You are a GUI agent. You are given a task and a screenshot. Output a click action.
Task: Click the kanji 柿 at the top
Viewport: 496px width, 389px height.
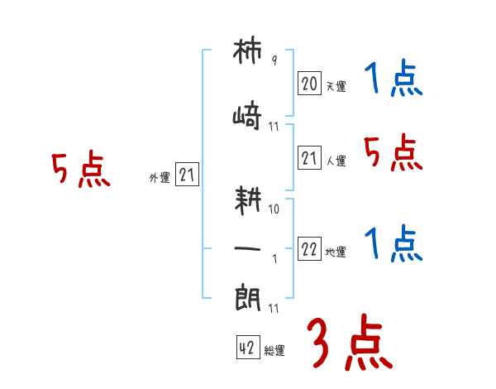[247, 51]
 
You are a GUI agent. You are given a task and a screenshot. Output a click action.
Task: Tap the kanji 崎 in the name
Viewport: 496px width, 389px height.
[247, 115]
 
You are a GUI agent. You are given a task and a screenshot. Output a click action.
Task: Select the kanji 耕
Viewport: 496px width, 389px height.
[248, 200]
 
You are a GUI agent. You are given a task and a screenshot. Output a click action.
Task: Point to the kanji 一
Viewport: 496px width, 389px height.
[247, 248]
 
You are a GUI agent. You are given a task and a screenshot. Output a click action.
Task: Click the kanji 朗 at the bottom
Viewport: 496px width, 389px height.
[248, 298]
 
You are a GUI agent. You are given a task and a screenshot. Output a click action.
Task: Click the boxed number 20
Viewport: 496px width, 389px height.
[309, 83]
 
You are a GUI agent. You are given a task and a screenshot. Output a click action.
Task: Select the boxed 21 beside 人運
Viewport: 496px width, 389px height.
[309, 157]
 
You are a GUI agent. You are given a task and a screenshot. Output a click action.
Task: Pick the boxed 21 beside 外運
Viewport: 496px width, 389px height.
[187, 174]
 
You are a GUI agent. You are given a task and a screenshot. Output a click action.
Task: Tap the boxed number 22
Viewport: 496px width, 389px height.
[309, 248]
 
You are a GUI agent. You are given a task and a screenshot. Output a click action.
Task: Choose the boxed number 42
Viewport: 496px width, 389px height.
[248, 347]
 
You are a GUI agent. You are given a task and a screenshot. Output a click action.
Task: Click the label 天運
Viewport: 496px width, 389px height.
[336, 86]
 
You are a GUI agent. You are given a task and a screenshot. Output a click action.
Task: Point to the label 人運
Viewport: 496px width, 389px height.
[336, 161]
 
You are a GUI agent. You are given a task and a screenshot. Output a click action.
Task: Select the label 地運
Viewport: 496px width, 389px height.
[336, 252]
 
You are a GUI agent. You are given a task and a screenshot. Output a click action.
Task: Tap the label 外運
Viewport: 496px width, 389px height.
[160, 177]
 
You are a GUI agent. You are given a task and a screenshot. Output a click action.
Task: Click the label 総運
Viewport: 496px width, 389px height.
[274, 351]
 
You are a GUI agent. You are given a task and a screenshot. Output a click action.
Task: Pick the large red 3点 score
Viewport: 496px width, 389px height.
[350, 342]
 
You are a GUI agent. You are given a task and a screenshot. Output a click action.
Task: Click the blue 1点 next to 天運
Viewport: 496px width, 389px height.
[393, 78]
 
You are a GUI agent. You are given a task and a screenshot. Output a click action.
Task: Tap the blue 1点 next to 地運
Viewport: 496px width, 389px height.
[393, 243]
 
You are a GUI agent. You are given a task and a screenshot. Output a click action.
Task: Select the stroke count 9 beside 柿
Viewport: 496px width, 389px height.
[274, 60]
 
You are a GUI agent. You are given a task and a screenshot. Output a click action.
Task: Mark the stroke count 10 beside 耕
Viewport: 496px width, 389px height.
[274, 209]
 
